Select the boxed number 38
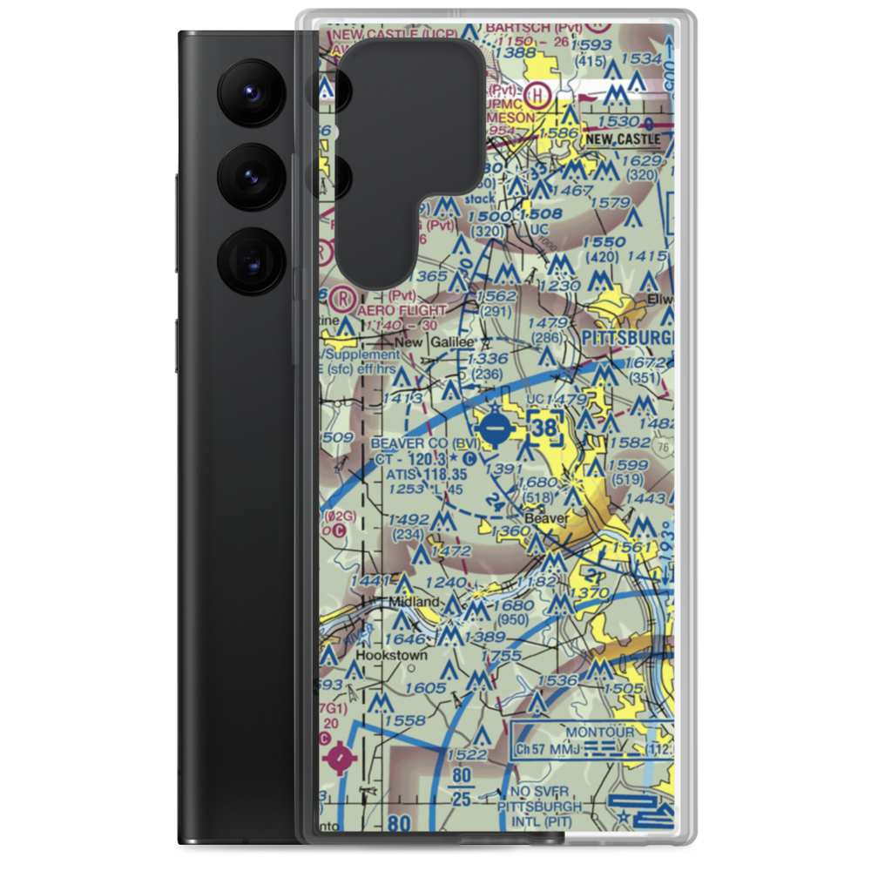coord(544,429)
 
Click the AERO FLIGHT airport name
coord(402,309)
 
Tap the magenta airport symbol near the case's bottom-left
coord(341,758)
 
